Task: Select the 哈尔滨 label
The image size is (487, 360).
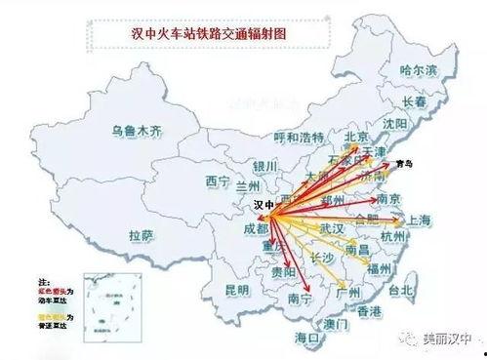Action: pos(421,71)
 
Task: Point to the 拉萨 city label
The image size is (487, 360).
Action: pos(142,235)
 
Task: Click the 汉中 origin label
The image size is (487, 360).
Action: pos(263,206)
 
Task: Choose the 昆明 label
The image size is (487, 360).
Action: pos(237,290)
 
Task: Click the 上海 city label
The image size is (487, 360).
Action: pos(422,220)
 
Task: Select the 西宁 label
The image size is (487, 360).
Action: pos(216,180)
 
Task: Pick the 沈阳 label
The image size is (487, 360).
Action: pos(395,124)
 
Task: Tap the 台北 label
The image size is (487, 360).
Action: pos(401,291)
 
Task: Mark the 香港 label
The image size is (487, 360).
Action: pos(369,311)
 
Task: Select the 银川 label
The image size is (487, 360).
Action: pos(265,165)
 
